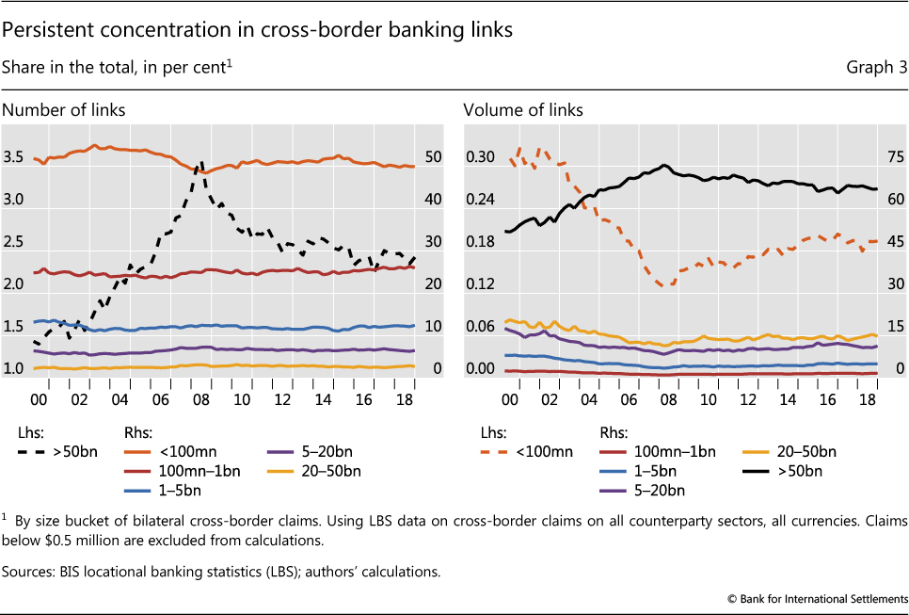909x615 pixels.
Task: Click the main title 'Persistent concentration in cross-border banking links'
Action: (257, 30)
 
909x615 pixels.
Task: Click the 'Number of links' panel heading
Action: (63, 110)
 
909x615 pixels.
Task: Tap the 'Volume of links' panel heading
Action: (523, 110)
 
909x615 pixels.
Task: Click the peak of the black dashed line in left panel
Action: (199, 163)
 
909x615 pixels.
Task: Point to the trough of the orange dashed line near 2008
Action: (666, 284)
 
